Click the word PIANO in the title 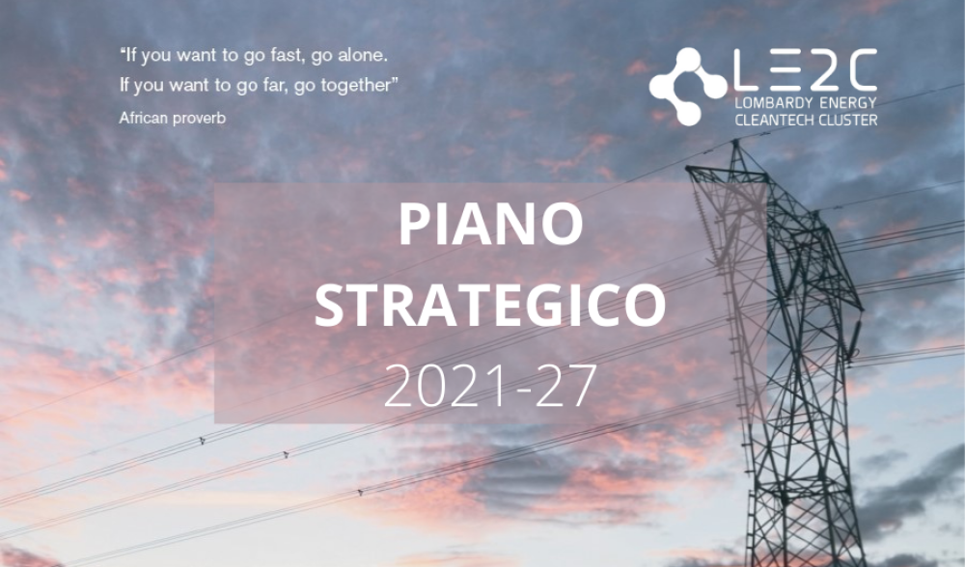coord(490,224)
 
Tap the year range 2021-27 coord(490,387)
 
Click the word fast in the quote coord(287,56)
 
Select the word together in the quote coord(360,86)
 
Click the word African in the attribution coord(141,118)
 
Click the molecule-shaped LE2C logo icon coord(687,87)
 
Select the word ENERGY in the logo coord(840,103)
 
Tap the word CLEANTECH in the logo coord(774,120)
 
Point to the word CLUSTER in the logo coord(847,120)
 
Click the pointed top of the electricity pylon coord(734,142)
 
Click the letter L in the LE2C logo coord(746,68)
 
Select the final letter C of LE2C coord(860,68)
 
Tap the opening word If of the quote coord(126,56)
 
